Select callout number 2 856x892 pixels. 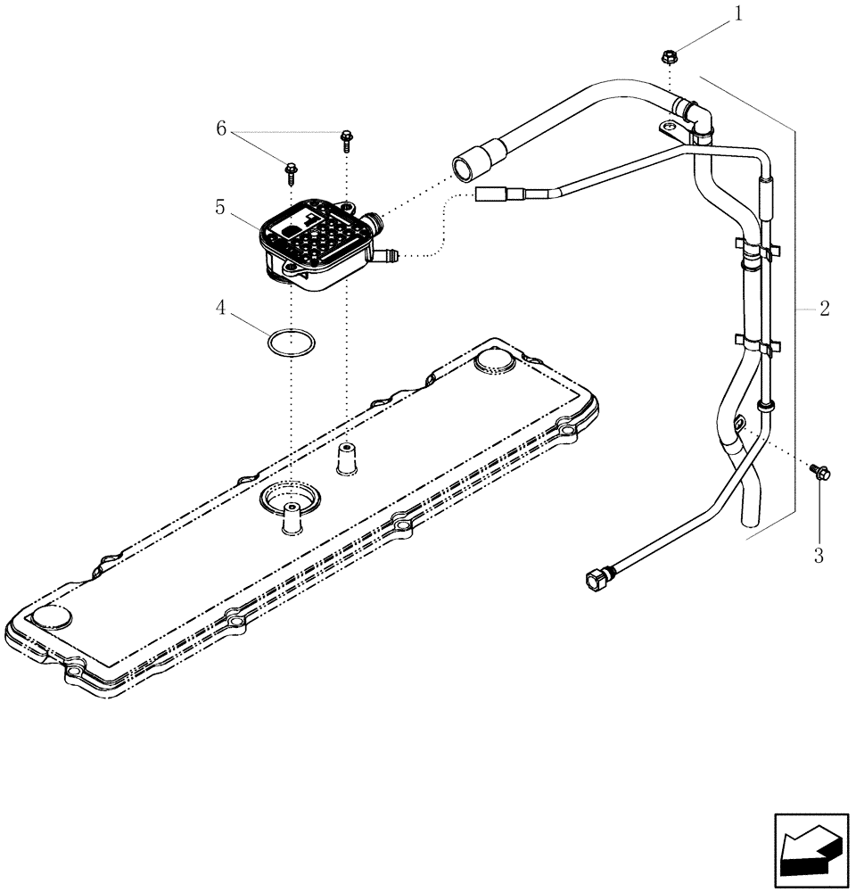pyautogui.click(x=824, y=309)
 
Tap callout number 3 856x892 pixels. pyautogui.click(x=819, y=556)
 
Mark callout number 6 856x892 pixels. pyautogui.click(x=221, y=128)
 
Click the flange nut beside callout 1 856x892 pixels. pyautogui.click(x=668, y=58)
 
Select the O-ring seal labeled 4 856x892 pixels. pyautogui.click(x=291, y=343)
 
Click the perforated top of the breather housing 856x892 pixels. pyautogui.click(x=311, y=233)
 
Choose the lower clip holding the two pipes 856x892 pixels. pyautogui.click(x=753, y=343)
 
